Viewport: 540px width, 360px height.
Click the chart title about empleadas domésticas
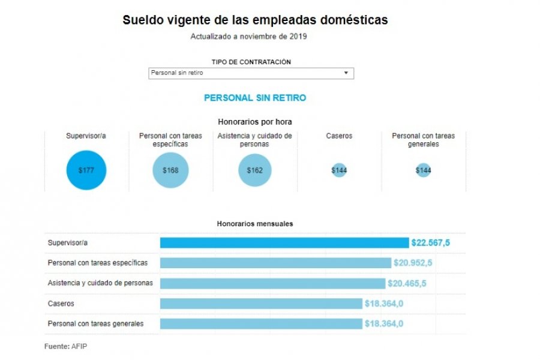tap(255, 20)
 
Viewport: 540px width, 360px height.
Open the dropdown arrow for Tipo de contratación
tap(346, 73)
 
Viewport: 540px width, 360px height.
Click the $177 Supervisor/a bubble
tap(86, 170)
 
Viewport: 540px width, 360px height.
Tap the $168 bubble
tap(170, 170)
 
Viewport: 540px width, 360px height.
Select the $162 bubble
tap(254, 170)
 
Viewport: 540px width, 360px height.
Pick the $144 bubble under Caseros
tap(339, 170)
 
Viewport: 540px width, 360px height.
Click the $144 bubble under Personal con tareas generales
tap(423, 170)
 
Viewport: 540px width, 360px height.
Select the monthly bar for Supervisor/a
tap(284, 243)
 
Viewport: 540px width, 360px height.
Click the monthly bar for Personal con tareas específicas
tap(275, 263)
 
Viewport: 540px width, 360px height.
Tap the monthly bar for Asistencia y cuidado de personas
tap(272, 283)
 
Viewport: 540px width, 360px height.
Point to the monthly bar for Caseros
tap(261, 304)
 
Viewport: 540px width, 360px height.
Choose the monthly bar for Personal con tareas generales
tap(261, 324)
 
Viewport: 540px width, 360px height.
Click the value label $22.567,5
tap(430, 243)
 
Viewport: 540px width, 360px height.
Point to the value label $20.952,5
tap(413, 263)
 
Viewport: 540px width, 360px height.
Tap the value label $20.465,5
tap(407, 283)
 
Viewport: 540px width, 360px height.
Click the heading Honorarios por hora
tap(255, 122)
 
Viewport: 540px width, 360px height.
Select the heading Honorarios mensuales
tap(255, 224)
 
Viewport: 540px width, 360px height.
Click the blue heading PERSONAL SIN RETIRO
tap(255, 97)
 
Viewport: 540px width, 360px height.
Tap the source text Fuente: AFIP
tap(65, 346)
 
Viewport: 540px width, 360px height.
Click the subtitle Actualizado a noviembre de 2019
tap(249, 37)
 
